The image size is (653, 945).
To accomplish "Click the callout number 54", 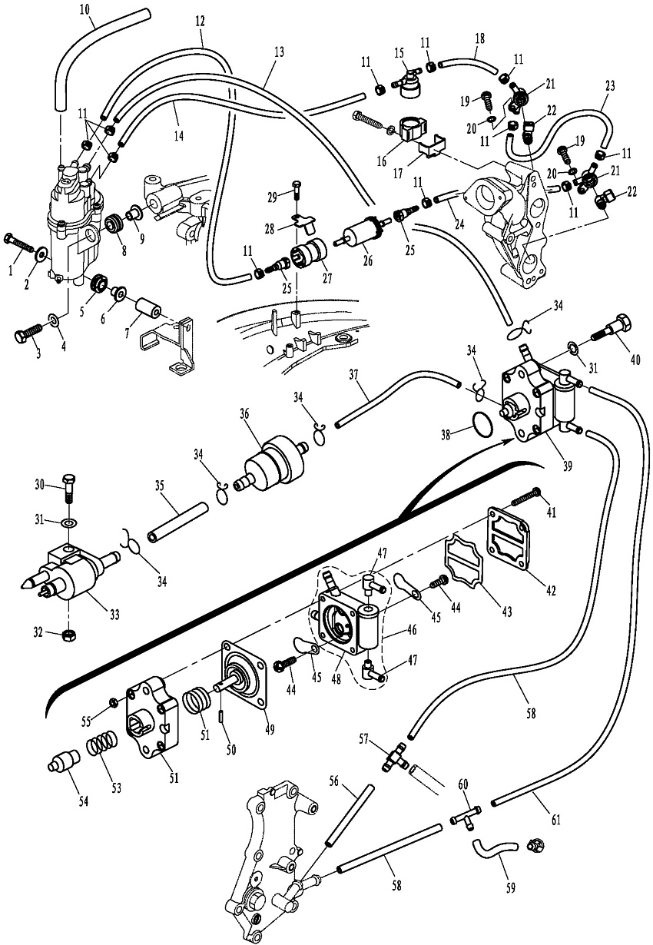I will [82, 802].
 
